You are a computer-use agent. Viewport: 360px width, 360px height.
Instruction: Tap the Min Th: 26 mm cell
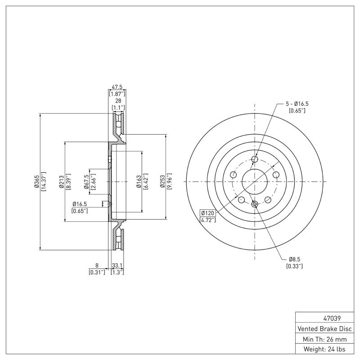tap(325, 339)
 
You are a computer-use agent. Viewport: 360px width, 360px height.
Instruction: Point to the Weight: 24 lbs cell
tap(325, 349)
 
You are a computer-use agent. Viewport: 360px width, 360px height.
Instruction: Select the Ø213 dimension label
tap(61, 181)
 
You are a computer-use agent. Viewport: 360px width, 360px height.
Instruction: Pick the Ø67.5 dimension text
tap(86, 181)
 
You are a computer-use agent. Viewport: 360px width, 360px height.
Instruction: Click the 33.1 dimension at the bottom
tap(117, 265)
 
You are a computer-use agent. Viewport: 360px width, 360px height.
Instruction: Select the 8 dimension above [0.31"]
tap(97, 265)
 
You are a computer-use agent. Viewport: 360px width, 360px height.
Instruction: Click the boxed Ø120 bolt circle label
tap(207, 213)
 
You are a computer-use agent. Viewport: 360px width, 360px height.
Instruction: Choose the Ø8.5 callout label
tap(294, 260)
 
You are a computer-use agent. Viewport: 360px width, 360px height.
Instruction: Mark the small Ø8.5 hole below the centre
tap(255, 205)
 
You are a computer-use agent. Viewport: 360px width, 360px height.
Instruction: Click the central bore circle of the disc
tap(255, 181)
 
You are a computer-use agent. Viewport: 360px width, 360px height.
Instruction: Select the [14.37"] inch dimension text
tap(44, 181)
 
